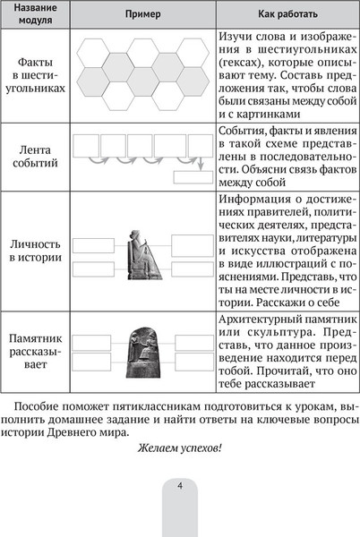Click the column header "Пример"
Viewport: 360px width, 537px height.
143,15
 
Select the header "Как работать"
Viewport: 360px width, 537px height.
284,15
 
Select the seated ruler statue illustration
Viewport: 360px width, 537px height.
143,254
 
